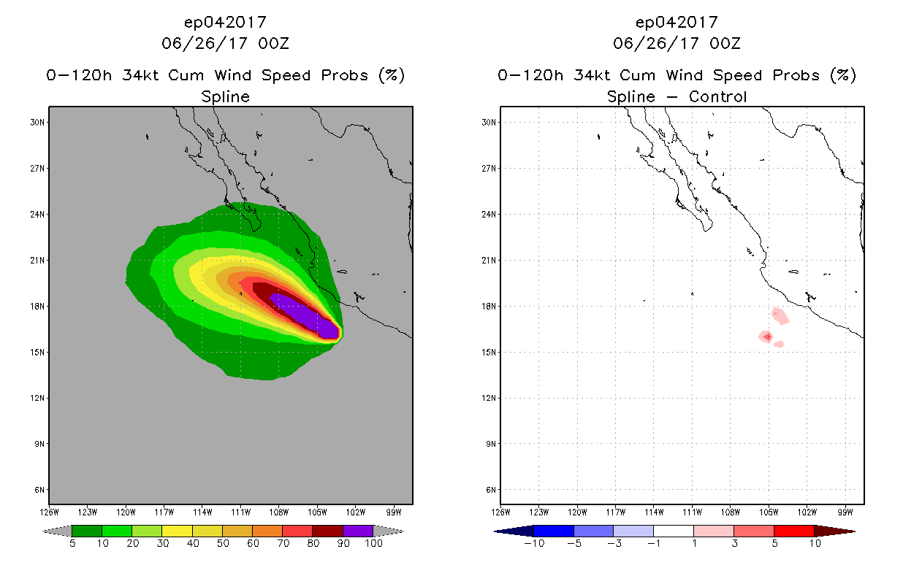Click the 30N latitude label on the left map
click(39, 123)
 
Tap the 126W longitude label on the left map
click(50, 512)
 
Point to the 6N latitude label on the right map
click(492, 490)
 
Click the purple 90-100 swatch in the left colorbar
click(358, 531)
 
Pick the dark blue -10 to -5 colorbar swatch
click(554, 531)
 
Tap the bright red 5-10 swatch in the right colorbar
click(793, 531)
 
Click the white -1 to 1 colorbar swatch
click(673, 531)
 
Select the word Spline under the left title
click(225, 97)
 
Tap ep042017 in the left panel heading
click(225, 23)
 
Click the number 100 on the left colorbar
click(373, 544)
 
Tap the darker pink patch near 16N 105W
click(767, 337)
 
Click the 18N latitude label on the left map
click(39, 306)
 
